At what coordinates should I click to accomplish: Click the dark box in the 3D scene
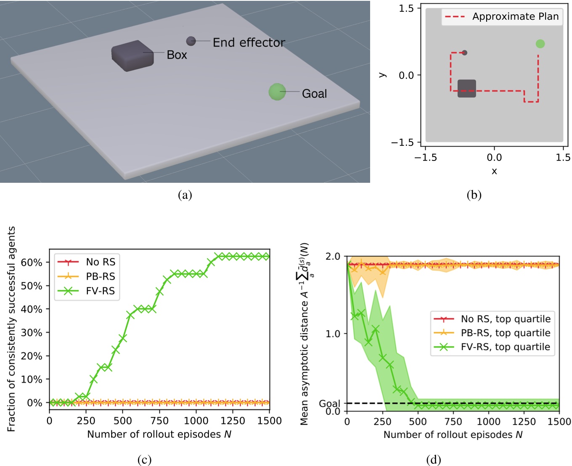tap(132, 56)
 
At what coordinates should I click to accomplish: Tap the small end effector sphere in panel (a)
tap(191, 41)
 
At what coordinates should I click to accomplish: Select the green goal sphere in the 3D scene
tap(277, 92)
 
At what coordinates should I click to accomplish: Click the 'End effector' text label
tap(249, 42)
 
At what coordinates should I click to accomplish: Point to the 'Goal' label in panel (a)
tap(314, 94)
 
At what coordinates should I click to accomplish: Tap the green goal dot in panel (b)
tap(540, 44)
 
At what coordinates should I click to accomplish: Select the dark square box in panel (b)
tap(466, 88)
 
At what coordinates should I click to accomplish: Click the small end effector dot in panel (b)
tap(464, 53)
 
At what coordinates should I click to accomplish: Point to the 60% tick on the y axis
tap(32, 263)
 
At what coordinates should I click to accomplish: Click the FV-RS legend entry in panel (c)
tap(100, 291)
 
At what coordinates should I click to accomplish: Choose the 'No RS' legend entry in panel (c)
tap(100, 262)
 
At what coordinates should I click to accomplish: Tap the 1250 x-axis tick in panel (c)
tap(233, 421)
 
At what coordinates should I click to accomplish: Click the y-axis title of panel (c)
tap(11, 329)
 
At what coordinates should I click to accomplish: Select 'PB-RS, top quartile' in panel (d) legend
tap(505, 333)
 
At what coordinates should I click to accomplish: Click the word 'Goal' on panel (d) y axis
tap(329, 404)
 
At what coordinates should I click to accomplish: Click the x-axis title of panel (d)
tap(453, 434)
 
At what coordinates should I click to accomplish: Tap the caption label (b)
tap(474, 195)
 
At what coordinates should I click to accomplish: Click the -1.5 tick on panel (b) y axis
tap(403, 142)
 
